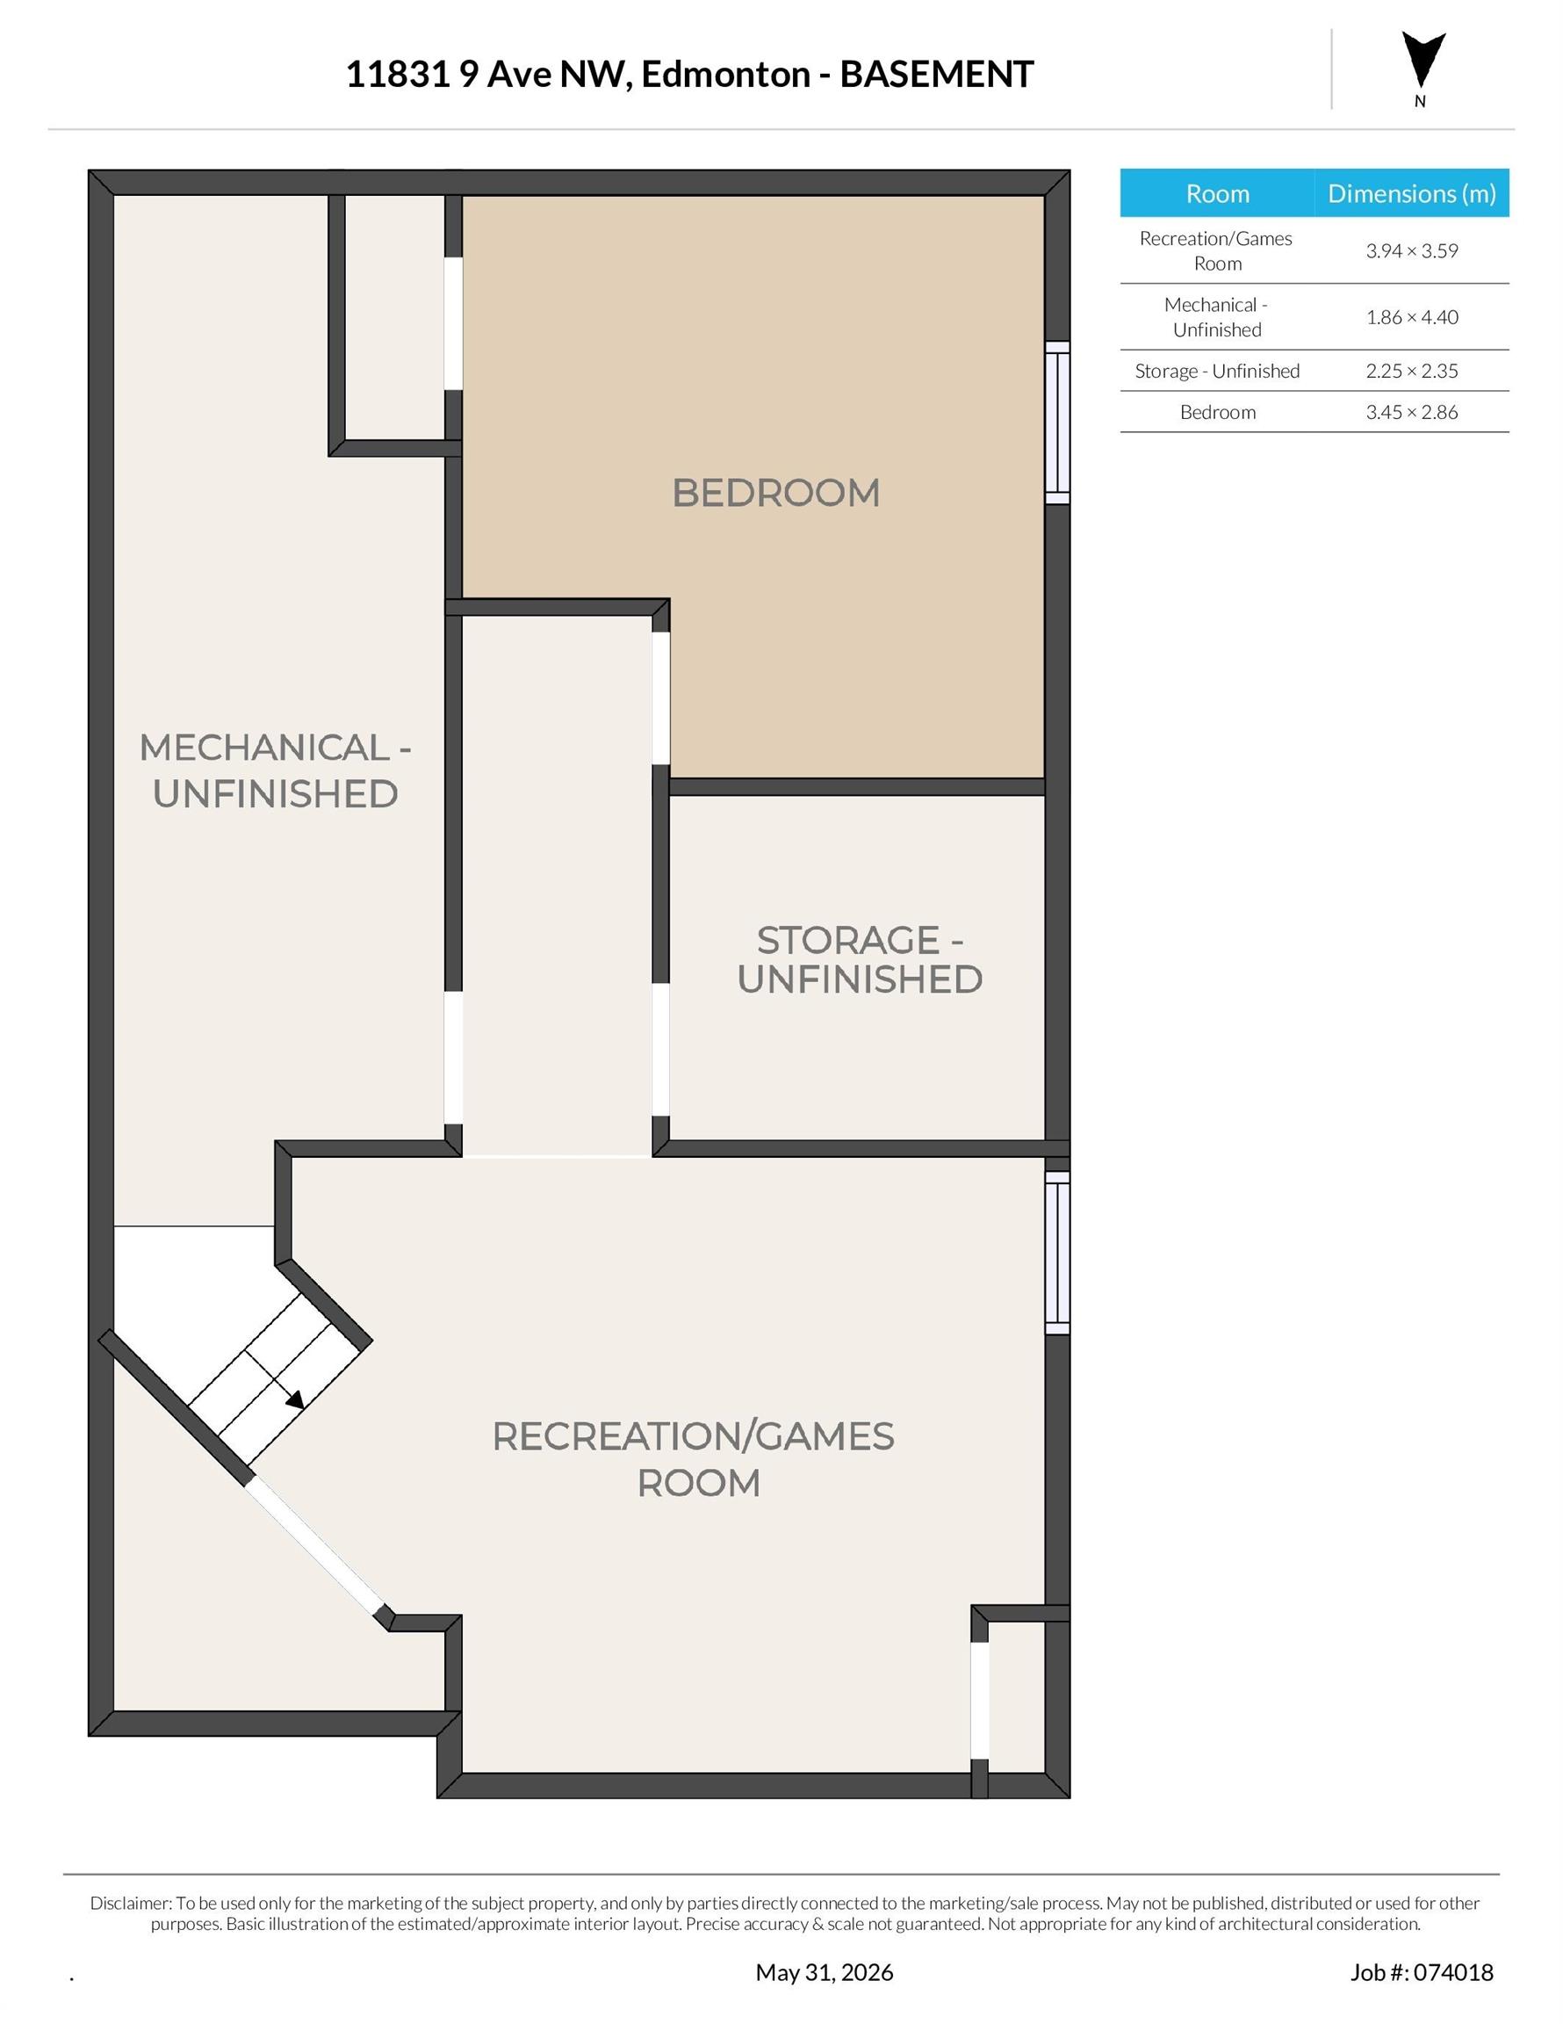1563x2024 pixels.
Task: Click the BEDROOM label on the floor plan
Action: point(775,492)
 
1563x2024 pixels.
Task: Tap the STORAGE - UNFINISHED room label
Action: point(860,959)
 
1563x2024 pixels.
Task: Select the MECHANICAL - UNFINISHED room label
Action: point(275,770)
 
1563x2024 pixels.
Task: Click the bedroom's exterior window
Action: point(1057,423)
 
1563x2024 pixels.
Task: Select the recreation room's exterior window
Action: point(1057,1253)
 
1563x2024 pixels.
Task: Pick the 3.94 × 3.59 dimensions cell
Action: point(1411,251)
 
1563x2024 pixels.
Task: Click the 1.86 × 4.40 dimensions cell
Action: point(1411,317)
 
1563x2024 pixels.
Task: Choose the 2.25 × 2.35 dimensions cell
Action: point(1411,371)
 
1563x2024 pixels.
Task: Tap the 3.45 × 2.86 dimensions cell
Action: point(1411,412)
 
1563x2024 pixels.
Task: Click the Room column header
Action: point(1217,193)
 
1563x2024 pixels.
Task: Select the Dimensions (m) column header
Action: point(1412,193)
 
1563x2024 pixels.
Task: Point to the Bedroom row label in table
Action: point(1217,412)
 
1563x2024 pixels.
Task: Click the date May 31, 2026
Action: point(825,1972)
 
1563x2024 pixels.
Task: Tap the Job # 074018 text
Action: point(1422,1972)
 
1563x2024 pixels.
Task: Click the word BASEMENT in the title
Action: point(936,74)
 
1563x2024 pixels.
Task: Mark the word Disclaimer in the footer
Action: point(131,1903)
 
